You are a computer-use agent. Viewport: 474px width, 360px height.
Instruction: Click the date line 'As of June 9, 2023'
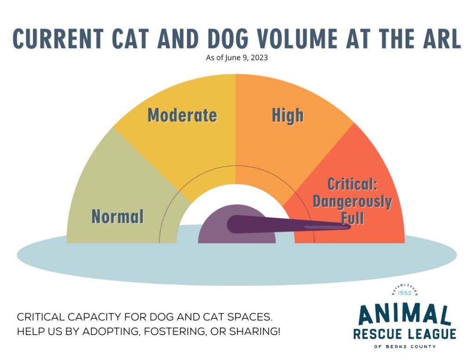[237, 58]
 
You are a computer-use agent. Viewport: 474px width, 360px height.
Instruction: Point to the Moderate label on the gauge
[182, 115]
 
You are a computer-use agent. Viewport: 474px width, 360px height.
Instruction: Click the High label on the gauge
[287, 115]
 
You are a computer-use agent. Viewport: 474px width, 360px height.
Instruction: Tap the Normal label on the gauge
[118, 216]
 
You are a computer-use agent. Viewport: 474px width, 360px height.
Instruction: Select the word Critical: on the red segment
[353, 184]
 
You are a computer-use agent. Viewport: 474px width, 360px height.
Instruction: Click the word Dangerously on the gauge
[352, 202]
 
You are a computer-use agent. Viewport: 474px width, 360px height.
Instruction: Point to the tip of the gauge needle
[348, 227]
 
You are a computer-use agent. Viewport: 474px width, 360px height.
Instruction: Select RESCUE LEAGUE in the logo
[404, 334]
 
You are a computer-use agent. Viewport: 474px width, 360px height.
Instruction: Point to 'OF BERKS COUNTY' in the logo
[404, 347]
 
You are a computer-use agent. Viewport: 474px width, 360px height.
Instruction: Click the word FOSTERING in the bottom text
[173, 332]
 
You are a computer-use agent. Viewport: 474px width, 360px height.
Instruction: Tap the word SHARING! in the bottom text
[256, 332]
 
